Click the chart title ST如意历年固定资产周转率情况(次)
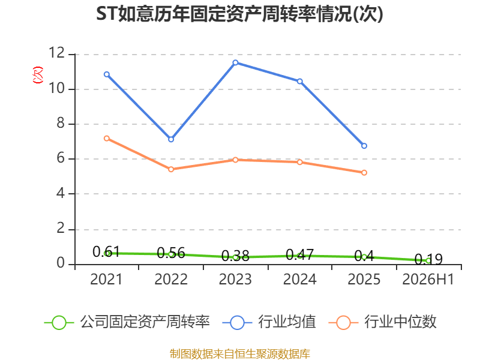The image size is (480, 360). click(x=239, y=14)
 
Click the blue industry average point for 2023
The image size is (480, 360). click(x=235, y=62)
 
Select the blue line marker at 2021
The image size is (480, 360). click(x=107, y=74)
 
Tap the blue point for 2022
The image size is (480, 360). click(x=171, y=139)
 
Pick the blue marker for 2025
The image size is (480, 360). click(x=364, y=146)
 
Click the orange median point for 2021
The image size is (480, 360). click(x=107, y=139)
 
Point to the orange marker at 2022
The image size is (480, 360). click(x=171, y=169)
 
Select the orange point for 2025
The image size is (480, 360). click(x=364, y=173)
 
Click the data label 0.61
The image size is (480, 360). click(x=106, y=252)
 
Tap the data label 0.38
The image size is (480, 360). click(x=235, y=256)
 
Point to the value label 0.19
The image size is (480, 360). click(x=428, y=260)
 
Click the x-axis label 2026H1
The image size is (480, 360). click(x=428, y=279)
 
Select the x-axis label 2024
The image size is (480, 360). click(x=299, y=279)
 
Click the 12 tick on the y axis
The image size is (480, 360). click(x=57, y=53)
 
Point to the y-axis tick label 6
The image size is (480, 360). click(x=61, y=158)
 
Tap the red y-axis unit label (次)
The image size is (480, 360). click(x=38, y=75)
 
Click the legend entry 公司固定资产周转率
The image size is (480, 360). click(x=127, y=322)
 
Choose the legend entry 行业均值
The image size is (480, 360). click(x=269, y=322)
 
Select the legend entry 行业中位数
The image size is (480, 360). click(x=382, y=322)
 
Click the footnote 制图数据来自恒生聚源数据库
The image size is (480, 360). click(x=240, y=354)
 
